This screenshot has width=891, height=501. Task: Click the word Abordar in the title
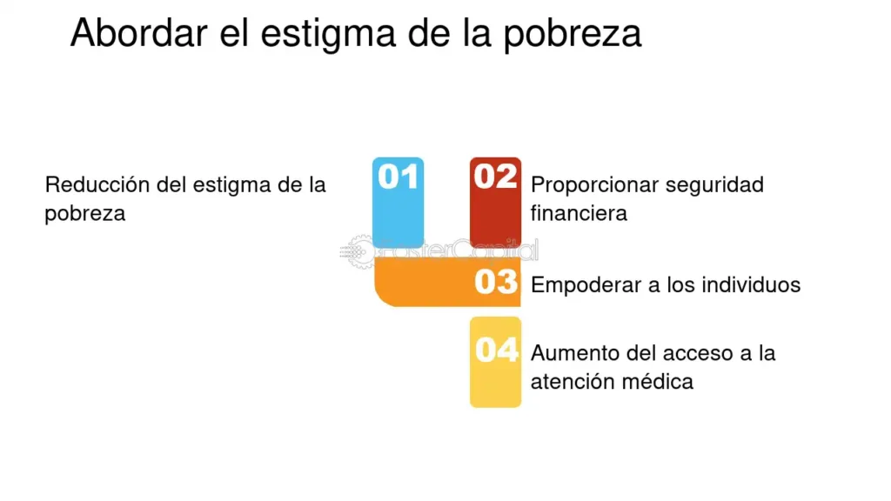point(138,32)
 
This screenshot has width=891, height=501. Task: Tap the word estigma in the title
point(328,35)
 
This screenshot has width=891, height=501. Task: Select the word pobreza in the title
point(573,35)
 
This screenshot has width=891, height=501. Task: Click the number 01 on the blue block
point(399,176)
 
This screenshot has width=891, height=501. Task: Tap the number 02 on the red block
point(495,176)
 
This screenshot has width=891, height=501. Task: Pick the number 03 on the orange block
point(496,282)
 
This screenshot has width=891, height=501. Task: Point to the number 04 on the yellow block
point(497,350)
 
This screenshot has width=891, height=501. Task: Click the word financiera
point(579,214)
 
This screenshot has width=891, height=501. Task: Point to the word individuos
point(751,284)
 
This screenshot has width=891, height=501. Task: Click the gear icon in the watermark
point(359,251)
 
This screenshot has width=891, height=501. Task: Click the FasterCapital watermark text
point(459,250)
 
